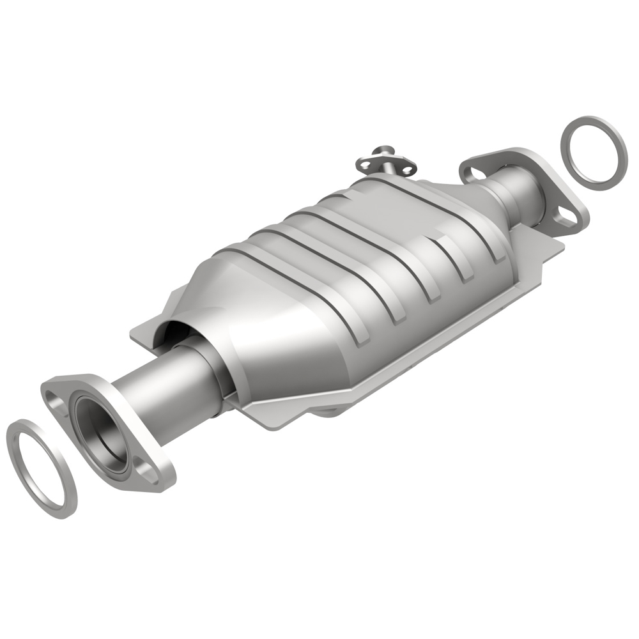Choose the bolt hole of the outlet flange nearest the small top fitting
pyautogui.click(x=473, y=171)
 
